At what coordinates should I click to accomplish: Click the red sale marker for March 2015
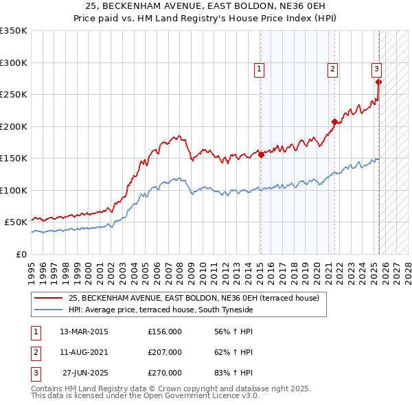[261, 154]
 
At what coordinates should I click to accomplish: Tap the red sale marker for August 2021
[334, 122]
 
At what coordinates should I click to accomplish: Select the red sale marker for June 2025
[379, 82]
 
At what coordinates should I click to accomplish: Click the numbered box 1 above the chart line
[260, 68]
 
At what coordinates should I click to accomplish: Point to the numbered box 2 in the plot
[332, 68]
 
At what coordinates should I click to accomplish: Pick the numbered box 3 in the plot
[377, 68]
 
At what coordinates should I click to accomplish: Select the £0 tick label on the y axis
[21, 254]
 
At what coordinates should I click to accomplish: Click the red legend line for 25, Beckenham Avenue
[49, 298]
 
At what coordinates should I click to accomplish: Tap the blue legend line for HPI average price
[49, 310]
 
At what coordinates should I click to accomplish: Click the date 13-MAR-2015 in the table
[84, 332]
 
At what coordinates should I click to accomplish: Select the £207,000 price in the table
[165, 352]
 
